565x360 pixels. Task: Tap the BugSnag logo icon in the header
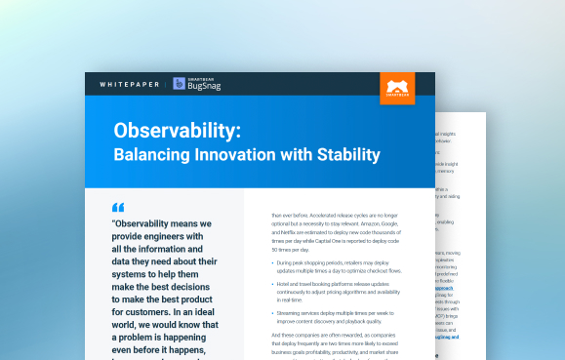(180, 84)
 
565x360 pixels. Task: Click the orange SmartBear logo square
(397, 87)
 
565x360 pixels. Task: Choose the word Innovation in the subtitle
(236, 154)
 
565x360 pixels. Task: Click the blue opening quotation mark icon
(118, 207)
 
